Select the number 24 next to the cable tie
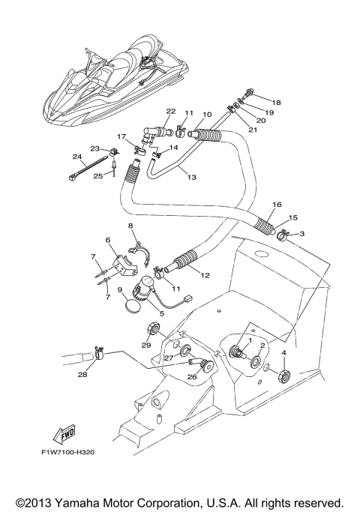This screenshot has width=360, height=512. point(76,157)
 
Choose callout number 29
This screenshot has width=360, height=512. point(146,344)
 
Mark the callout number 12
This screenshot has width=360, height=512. point(205,275)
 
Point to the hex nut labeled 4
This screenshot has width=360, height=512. point(284,373)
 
